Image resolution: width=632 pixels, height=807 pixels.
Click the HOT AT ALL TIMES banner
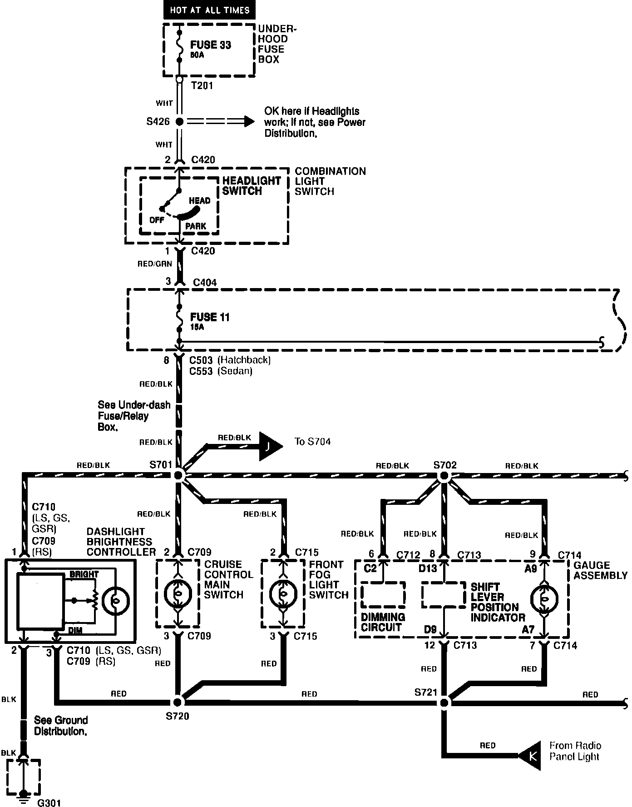pyautogui.click(x=210, y=10)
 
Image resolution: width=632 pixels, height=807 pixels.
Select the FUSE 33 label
pyautogui.click(x=210, y=45)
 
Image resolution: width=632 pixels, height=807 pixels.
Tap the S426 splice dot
pyautogui.click(x=180, y=122)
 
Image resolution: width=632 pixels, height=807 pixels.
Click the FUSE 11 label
pyautogui.click(x=209, y=317)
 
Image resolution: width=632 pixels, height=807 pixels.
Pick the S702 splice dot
pyautogui.click(x=444, y=476)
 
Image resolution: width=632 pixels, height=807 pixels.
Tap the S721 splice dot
pyautogui.click(x=444, y=702)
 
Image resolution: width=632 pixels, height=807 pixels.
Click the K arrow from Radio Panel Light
pyautogui.click(x=532, y=756)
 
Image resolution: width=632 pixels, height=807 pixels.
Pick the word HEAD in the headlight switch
pyautogui.click(x=199, y=201)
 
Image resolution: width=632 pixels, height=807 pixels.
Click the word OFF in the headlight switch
pyautogui.click(x=157, y=220)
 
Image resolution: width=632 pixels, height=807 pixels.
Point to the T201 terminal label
pyautogui.click(x=202, y=86)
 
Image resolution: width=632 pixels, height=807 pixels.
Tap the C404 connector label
pyautogui.click(x=205, y=283)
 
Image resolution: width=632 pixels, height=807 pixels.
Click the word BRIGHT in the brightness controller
pyautogui.click(x=84, y=574)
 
